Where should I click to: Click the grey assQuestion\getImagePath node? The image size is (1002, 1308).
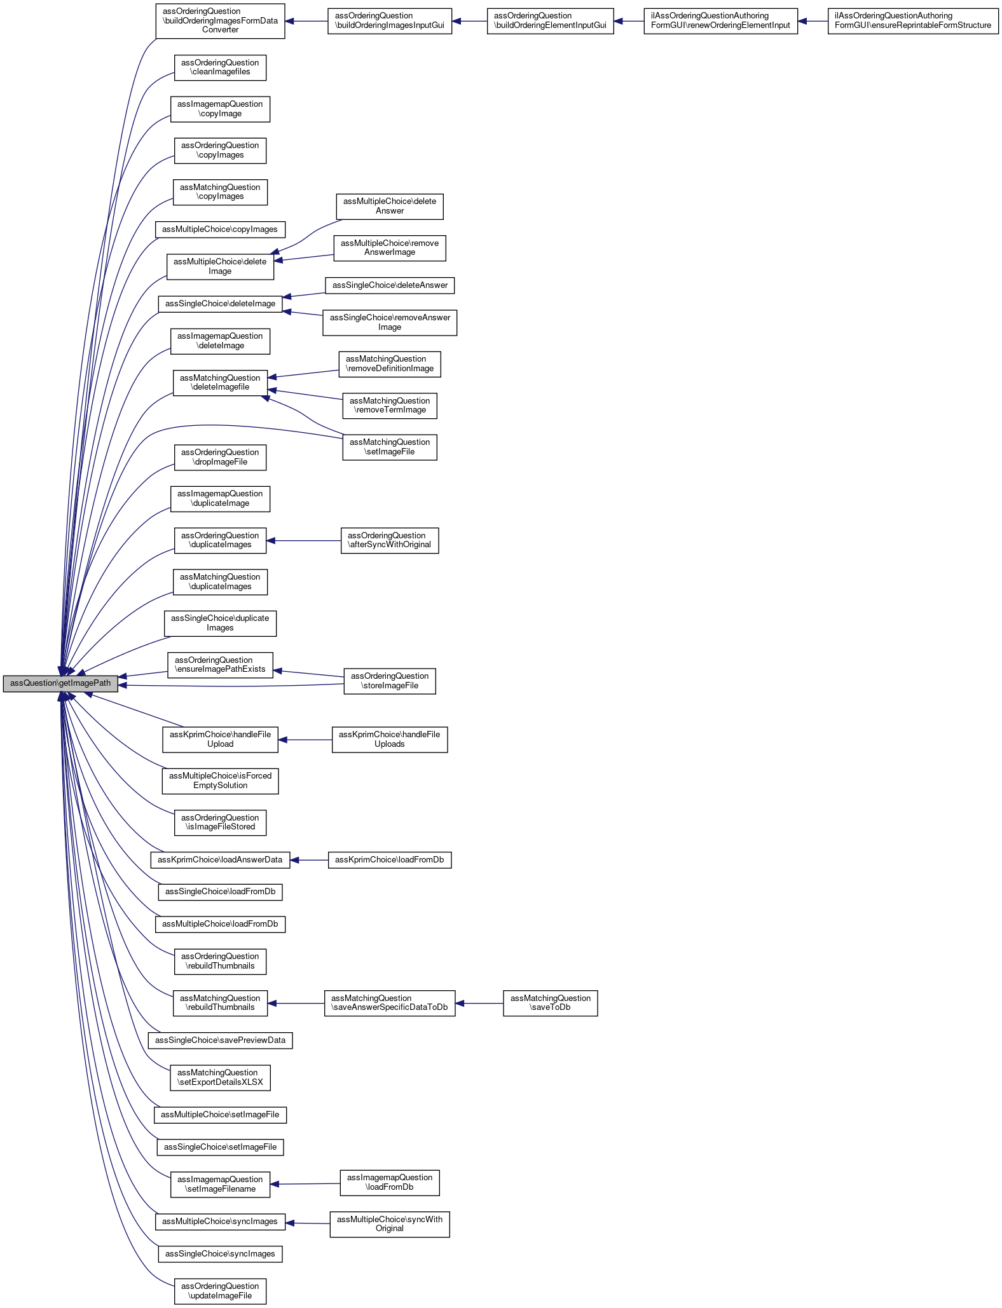pos(60,684)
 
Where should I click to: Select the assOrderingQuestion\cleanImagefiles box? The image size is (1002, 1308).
pos(220,67)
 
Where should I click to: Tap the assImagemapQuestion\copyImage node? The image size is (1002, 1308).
pos(220,109)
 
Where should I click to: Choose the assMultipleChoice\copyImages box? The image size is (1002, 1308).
pos(220,229)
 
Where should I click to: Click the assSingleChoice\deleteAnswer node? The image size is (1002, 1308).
pos(390,285)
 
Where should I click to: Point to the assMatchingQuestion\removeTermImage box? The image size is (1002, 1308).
pos(390,405)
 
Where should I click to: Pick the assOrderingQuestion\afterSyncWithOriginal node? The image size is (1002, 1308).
pos(390,540)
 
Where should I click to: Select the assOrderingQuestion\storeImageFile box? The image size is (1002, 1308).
pos(390,681)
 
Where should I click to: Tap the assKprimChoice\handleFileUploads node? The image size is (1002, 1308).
pos(390,739)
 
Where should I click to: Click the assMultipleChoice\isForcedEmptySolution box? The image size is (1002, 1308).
pos(220,780)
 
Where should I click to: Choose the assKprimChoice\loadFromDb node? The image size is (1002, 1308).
pos(390,860)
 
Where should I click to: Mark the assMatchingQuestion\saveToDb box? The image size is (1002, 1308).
pos(550,1003)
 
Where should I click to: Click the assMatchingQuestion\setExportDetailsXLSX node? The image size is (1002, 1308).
pos(220,1077)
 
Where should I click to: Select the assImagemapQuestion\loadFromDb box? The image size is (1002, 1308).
pos(390,1182)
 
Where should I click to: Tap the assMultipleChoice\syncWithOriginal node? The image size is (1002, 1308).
pos(390,1223)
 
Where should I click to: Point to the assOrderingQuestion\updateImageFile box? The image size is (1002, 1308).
pos(220,1291)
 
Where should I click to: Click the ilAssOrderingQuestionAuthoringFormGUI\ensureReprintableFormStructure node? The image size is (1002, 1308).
pos(913,21)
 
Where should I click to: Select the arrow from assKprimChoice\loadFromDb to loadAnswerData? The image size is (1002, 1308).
pos(309,860)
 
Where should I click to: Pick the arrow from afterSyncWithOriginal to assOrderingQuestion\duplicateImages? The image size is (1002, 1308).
pos(303,541)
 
